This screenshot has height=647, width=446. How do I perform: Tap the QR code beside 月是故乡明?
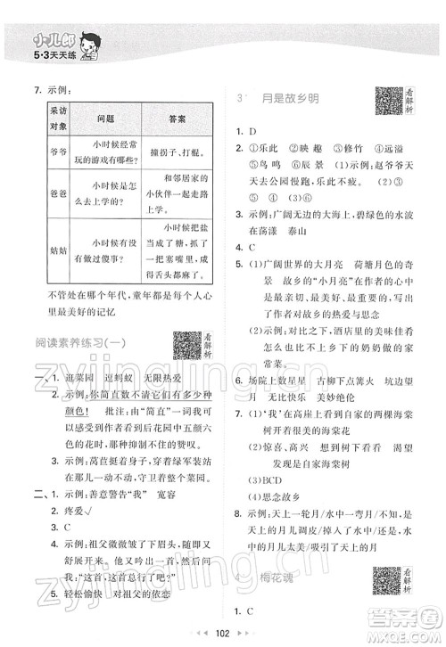385,101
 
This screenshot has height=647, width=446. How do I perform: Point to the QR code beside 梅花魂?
385,579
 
